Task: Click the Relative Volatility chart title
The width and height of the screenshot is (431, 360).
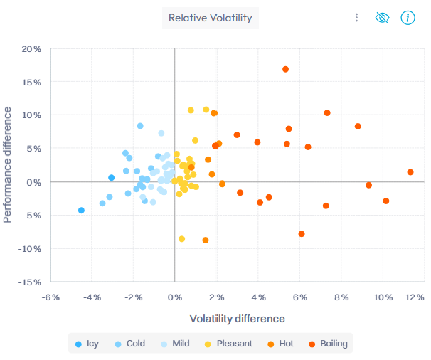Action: [x=210, y=18]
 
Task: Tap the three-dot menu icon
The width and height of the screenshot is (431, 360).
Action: [x=356, y=18]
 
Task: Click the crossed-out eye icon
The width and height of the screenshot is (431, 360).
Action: [x=382, y=18]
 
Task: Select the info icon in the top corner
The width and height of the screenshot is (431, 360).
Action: [x=407, y=18]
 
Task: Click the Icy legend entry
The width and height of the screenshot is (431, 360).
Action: [x=87, y=344]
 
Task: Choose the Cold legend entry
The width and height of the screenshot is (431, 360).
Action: [x=129, y=344]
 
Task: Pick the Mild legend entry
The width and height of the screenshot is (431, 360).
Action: [x=175, y=344]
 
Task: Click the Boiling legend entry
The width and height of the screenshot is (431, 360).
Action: [x=326, y=344]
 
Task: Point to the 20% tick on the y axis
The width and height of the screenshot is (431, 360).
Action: [x=31, y=49]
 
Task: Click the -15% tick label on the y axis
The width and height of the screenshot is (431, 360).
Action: [x=29, y=282]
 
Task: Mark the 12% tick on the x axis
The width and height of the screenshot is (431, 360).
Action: [x=415, y=297]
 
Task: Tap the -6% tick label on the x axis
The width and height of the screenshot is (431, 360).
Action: [x=50, y=297]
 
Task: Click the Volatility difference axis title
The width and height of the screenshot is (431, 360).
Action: [x=237, y=319]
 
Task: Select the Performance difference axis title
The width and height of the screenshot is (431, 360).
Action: [x=9, y=164]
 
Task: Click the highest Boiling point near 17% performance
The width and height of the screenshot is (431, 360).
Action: [x=286, y=69]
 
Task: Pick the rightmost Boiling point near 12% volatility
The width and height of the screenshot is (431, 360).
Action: [x=410, y=172]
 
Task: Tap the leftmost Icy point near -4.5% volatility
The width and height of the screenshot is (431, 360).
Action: [x=81, y=211]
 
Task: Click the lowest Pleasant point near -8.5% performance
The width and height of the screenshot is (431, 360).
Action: [x=182, y=239]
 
